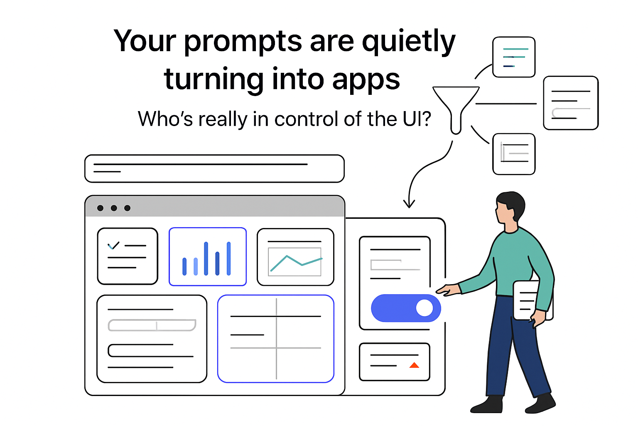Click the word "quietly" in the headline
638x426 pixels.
point(409,42)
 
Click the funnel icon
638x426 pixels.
point(456,106)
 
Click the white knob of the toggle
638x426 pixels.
point(424,308)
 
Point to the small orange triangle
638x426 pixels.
point(414,365)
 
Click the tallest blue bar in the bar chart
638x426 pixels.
point(206,258)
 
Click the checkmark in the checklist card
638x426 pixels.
point(113,245)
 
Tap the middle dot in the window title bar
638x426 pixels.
point(114,208)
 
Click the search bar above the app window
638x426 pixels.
point(214,168)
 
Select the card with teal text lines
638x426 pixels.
point(514,57)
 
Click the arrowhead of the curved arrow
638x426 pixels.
point(409,204)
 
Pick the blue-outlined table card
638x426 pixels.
point(276,339)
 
